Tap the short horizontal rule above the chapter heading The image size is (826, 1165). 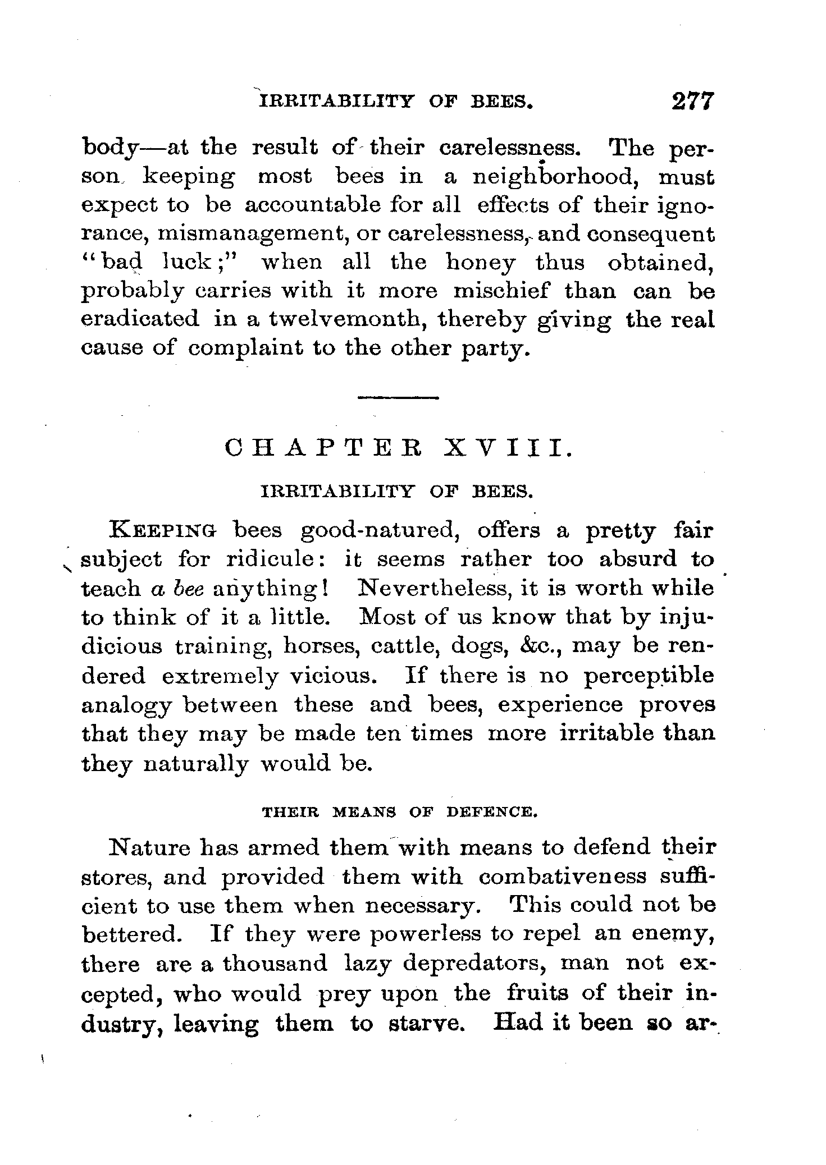click(x=398, y=398)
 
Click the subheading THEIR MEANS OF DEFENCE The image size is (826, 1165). click(x=400, y=812)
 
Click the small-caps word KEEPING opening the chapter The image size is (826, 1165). click(x=164, y=530)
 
